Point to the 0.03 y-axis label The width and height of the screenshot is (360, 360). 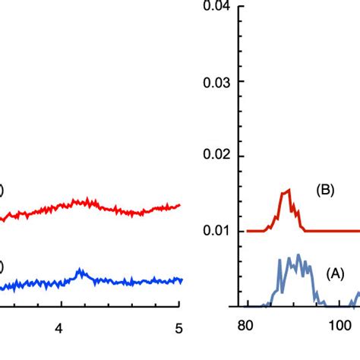point(218,81)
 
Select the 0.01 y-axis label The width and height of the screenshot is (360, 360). point(218,231)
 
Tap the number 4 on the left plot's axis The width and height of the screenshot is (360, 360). point(59,328)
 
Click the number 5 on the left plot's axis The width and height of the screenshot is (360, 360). point(178,328)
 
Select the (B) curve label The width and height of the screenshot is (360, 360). point(326,191)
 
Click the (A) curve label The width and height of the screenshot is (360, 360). point(335,271)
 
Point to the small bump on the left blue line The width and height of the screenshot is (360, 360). point(81,271)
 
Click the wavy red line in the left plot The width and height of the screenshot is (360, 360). point(114,207)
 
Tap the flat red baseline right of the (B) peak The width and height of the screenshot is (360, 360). point(334,231)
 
